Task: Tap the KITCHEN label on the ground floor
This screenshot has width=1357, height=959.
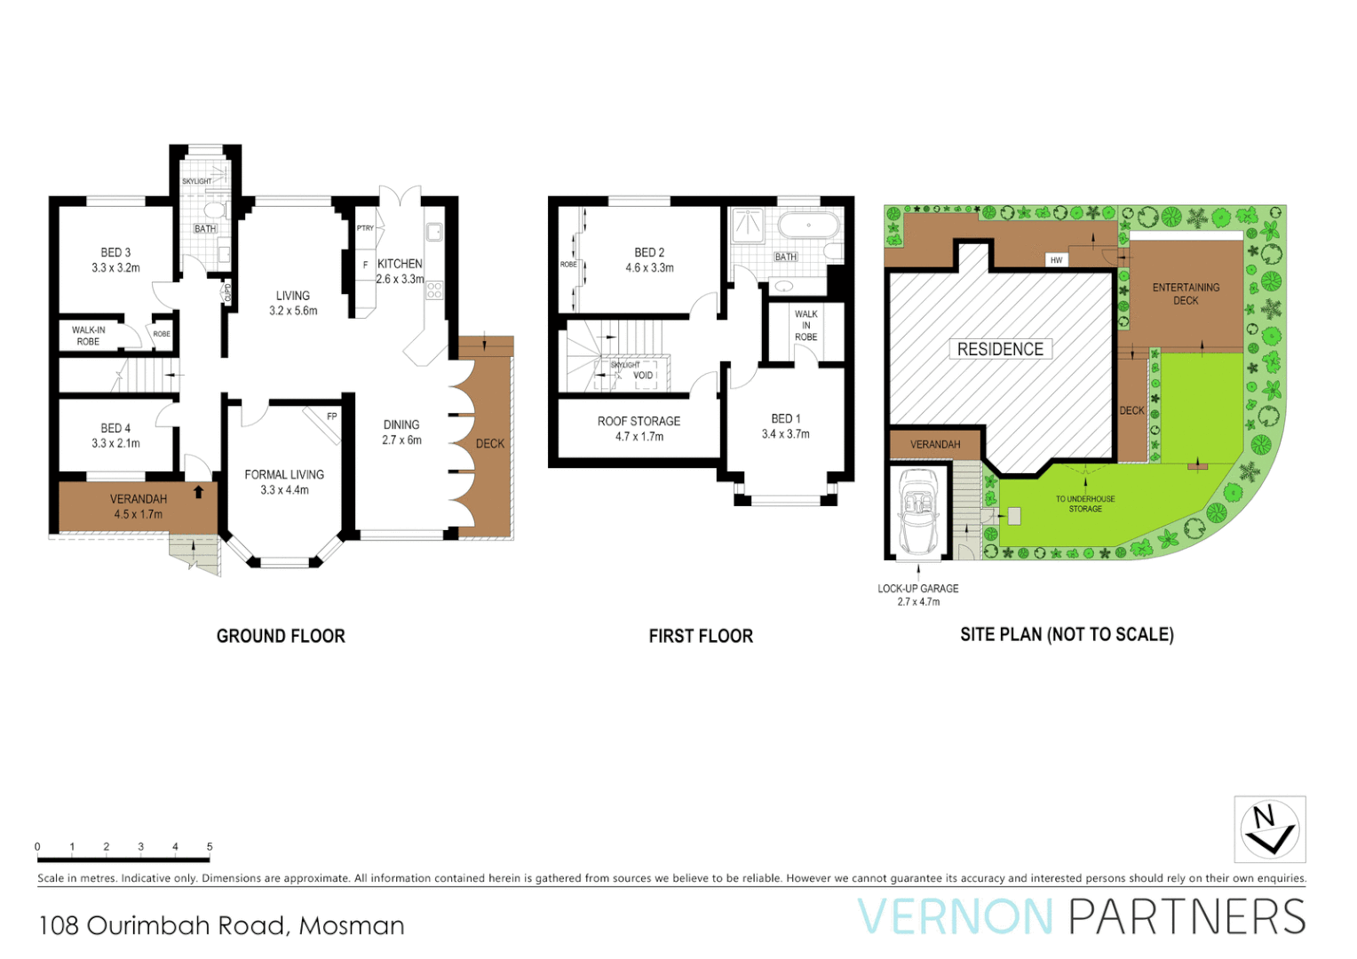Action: pyautogui.click(x=400, y=264)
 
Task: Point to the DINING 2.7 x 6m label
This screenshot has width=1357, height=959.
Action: pyautogui.click(x=401, y=432)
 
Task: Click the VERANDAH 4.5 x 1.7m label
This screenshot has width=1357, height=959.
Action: pyautogui.click(x=138, y=506)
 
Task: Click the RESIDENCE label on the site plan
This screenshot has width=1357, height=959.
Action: pyautogui.click(x=1000, y=349)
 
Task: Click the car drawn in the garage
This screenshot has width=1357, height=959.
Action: pyautogui.click(x=918, y=511)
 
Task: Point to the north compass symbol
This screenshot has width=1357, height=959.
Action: pyautogui.click(x=1269, y=829)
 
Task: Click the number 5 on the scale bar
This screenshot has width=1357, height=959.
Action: pyautogui.click(x=210, y=846)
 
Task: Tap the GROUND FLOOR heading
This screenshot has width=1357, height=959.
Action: pyautogui.click(x=281, y=636)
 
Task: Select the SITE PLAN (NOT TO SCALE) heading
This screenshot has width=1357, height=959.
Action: pyautogui.click(x=1067, y=634)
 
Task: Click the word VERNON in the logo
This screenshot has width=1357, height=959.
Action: pyautogui.click(x=955, y=917)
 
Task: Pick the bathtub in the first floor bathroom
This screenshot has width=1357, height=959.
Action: pyautogui.click(x=808, y=225)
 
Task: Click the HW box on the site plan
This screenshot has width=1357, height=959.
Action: pyautogui.click(x=1056, y=260)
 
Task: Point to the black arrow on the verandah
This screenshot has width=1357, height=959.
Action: pyautogui.click(x=198, y=491)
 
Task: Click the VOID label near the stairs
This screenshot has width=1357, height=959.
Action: pyautogui.click(x=643, y=376)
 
